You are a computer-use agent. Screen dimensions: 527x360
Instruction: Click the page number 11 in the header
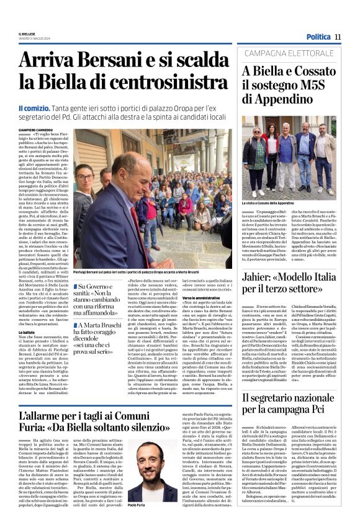338,37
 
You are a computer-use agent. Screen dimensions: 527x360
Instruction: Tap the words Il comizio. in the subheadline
33,107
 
